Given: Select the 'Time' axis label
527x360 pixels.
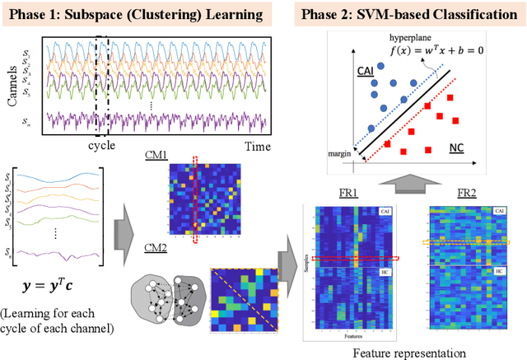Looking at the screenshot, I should [x=256, y=145].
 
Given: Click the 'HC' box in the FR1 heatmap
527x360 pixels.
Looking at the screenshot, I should [x=385, y=271].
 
